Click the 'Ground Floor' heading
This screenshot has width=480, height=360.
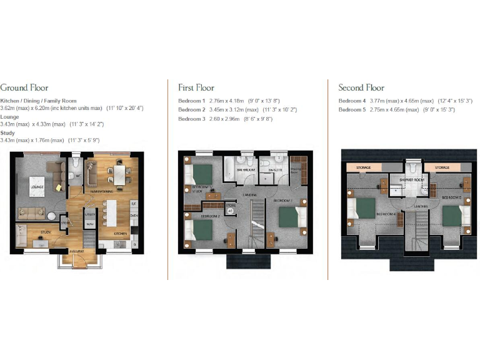pyautogui.click(x=24, y=87)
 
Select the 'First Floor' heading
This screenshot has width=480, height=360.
pyautogui.click(x=196, y=87)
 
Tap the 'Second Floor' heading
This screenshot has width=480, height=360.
pyautogui.click(x=361, y=87)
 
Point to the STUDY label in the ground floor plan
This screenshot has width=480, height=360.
pyautogui.click(x=46, y=232)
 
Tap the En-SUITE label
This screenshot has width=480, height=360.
pyautogui.click(x=276, y=169)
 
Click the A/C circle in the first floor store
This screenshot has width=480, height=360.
pyautogui.click(x=230, y=211)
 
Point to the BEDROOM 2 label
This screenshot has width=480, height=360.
pyautogui.click(x=209, y=216)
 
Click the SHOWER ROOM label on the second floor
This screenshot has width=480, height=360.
pyautogui.click(x=412, y=179)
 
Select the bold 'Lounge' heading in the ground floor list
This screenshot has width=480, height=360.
pyautogui.click(x=10, y=116)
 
